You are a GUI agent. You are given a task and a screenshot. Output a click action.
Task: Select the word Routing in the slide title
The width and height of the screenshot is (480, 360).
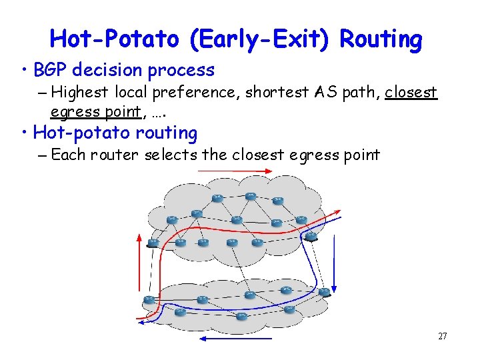point(381,39)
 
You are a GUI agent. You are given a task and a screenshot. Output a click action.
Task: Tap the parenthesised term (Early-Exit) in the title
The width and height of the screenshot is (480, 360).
point(261,39)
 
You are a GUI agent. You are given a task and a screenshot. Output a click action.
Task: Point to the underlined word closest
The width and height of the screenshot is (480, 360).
point(411,92)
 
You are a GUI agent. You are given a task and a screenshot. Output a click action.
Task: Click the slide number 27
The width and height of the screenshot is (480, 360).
point(442,336)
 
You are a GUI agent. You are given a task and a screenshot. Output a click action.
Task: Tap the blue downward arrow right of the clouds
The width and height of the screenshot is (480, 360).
point(336,261)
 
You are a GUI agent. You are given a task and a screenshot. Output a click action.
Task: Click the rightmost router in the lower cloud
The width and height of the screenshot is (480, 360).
point(325,292)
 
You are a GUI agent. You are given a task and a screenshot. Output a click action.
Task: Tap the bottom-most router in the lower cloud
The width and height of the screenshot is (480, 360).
point(242,316)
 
